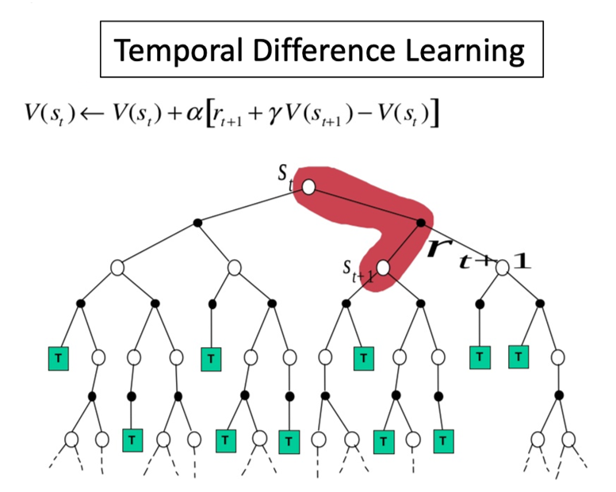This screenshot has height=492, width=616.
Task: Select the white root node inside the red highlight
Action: (x=308, y=187)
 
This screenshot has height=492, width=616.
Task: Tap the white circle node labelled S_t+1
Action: (x=384, y=268)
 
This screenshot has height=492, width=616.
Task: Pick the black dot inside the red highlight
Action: (x=421, y=223)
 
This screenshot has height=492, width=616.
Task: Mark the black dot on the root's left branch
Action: (x=198, y=223)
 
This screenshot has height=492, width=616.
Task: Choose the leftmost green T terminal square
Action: (x=58, y=358)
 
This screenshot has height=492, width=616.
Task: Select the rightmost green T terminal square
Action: (x=518, y=357)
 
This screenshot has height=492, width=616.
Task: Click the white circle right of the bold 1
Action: (x=502, y=268)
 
